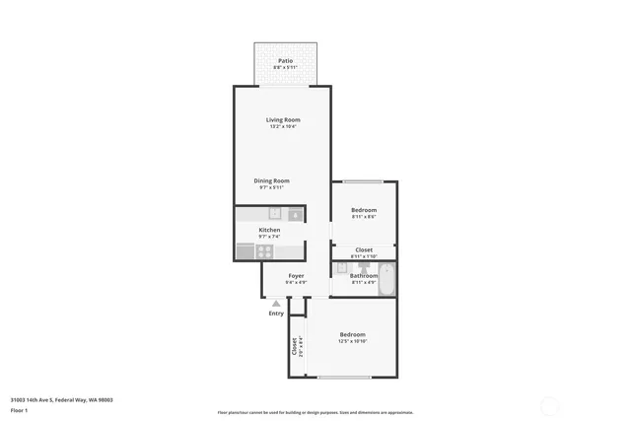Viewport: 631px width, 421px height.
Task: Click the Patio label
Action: [x=285, y=61]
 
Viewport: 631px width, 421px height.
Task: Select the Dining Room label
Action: [x=271, y=180]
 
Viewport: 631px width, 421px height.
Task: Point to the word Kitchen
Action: [x=269, y=230]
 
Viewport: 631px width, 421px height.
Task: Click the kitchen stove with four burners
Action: [x=265, y=250]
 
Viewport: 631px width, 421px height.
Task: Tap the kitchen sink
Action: [x=275, y=213]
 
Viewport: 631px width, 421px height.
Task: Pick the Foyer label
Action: [x=296, y=275]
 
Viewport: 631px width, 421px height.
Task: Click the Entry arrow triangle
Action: [x=276, y=304]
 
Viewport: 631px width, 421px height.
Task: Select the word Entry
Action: [x=276, y=314]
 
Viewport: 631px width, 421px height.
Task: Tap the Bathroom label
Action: [x=363, y=276]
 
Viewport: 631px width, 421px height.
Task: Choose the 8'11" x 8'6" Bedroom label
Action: [x=364, y=210]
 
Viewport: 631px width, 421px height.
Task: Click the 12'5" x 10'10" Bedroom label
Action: [x=352, y=334]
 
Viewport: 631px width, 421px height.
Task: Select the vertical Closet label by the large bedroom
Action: [x=294, y=346]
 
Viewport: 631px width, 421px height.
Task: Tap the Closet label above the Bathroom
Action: [x=364, y=249]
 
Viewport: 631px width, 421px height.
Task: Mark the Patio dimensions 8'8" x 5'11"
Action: [x=285, y=68]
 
